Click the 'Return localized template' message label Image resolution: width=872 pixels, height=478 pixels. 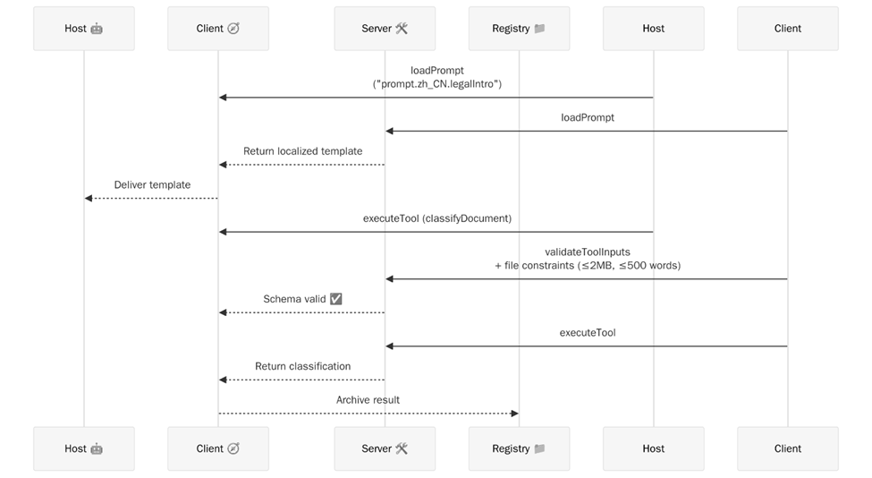point(302,151)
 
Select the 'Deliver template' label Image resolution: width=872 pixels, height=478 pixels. point(152,185)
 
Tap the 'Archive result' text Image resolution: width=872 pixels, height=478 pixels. point(368,400)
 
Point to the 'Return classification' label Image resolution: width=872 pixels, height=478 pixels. point(302,366)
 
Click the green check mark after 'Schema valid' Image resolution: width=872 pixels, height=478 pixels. point(336,299)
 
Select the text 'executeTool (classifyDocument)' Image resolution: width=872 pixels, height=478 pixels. point(436,218)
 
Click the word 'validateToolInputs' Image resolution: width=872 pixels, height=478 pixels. point(588,252)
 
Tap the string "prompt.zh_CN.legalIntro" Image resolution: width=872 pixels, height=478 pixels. point(436,83)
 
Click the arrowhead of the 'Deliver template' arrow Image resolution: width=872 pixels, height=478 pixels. point(89,199)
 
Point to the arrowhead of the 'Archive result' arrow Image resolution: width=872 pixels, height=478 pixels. point(514,414)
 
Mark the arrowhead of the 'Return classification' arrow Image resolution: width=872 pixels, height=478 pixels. point(223,380)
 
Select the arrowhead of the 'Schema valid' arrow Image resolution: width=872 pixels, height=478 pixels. point(223,312)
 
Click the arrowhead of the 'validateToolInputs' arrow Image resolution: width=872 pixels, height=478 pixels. point(390,279)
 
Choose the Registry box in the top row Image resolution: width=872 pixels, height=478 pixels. point(519,29)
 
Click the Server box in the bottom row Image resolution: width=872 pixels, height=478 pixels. point(385,448)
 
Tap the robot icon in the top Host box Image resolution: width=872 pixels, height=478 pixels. point(97,29)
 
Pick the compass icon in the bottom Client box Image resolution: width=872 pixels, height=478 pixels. point(233,448)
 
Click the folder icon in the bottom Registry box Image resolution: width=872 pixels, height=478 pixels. point(539,448)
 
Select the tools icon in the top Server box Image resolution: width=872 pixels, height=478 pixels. point(402,29)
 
